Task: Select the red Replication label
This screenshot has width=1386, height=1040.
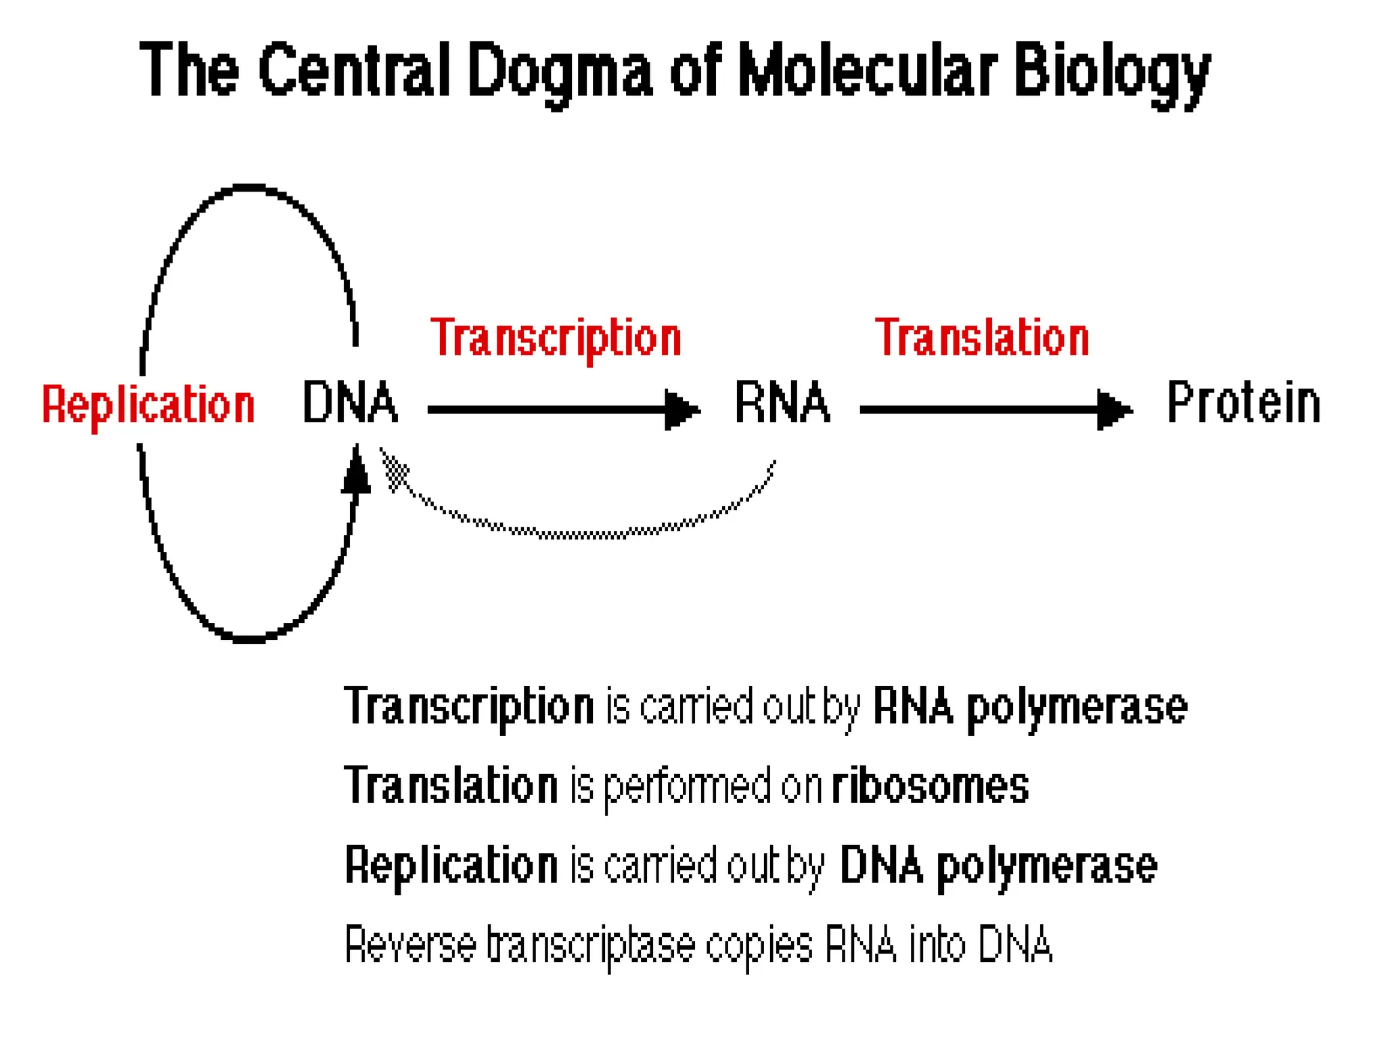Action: click(x=148, y=405)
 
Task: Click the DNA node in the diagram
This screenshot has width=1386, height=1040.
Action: click(x=349, y=403)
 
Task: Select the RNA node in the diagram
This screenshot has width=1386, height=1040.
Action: click(x=782, y=403)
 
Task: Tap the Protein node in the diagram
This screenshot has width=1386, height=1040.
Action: click(x=1243, y=403)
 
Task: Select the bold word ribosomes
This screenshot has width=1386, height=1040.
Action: click(x=930, y=786)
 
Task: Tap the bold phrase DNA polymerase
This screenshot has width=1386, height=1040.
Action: click(x=998, y=865)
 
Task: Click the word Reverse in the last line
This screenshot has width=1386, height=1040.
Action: click(x=410, y=945)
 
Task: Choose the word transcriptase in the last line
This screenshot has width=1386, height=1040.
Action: click(x=591, y=946)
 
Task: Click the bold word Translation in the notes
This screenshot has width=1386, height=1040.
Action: click(x=451, y=786)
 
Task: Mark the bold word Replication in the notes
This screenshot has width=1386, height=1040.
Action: click(x=451, y=865)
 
